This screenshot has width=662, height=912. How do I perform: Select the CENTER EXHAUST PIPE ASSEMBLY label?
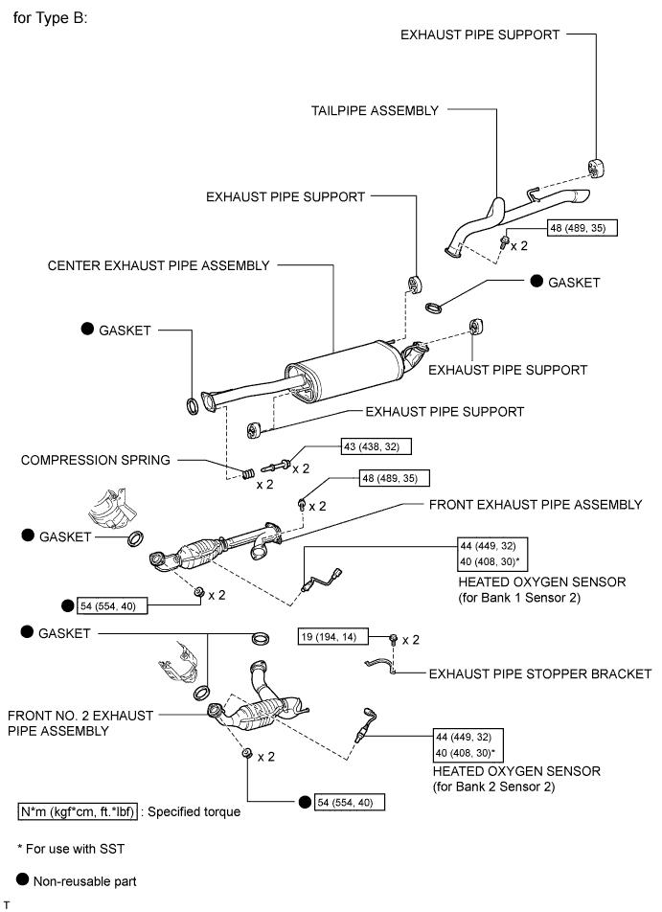158,265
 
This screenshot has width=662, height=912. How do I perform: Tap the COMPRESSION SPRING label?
96,460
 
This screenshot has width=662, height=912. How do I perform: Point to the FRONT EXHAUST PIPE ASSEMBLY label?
536,505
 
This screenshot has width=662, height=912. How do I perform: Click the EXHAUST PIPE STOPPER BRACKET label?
540,673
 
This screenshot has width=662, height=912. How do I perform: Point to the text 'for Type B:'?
50,18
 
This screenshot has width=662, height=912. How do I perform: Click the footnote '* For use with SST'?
72,848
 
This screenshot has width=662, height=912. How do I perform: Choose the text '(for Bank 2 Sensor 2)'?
516,787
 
